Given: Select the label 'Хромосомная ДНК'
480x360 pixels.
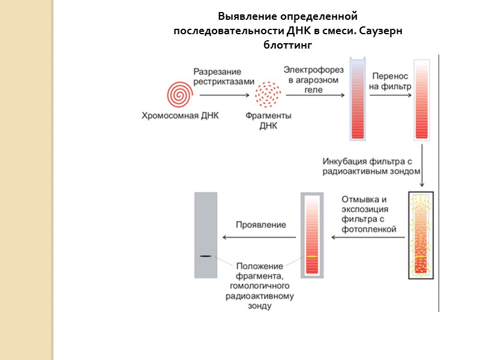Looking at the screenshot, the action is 180,115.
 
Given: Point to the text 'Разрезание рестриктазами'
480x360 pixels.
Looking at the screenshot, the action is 223,77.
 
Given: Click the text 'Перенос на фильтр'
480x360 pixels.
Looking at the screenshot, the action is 390,81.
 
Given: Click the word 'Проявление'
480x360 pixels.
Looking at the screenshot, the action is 260,225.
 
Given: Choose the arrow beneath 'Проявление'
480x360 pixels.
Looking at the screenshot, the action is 259,236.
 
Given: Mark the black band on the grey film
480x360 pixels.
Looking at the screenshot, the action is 205,256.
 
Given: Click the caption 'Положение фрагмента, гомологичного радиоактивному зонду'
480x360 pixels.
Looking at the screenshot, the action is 259,286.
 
